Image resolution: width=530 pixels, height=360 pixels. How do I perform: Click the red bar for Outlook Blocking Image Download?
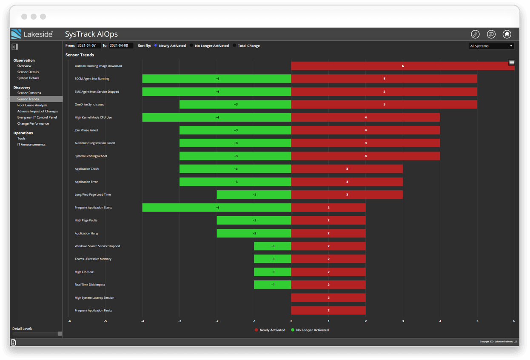click(402, 66)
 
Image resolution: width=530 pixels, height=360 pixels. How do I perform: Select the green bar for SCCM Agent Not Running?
click(217, 79)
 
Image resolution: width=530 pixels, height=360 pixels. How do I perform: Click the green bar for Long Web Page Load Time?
click(254, 194)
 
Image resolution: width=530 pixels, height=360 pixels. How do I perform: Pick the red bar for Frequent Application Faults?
click(328, 310)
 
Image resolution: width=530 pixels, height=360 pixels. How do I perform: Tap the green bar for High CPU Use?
click(272, 272)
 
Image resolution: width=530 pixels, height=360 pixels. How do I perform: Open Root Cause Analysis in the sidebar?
click(32, 105)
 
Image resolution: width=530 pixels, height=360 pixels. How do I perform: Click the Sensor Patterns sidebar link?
click(29, 93)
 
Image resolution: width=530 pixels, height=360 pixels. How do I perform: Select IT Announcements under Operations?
click(31, 145)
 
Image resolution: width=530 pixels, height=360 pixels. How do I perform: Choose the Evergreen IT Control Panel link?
click(37, 117)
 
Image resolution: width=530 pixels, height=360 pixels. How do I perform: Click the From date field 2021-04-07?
click(88, 46)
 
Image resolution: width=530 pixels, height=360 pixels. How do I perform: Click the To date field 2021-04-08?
click(120, 46)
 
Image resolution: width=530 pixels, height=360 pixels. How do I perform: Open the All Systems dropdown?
click(491, 46)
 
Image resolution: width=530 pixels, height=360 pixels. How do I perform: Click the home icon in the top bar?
click(507, 34)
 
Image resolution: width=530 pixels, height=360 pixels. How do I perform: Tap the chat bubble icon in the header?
click(491, 34)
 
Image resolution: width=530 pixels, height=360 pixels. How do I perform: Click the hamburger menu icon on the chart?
click(511, 63)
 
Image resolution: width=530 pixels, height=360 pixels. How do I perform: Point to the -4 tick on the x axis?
click(142, 321)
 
